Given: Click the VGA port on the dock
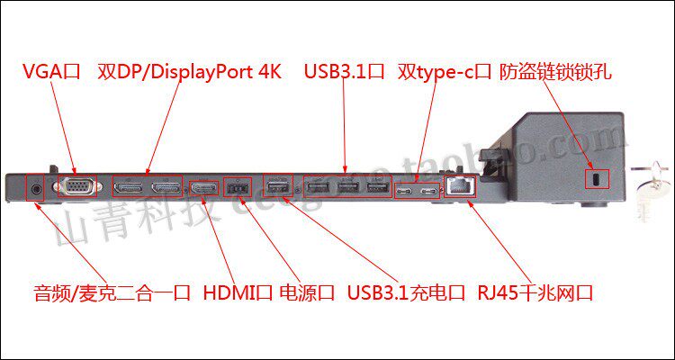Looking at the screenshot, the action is click(76, 188).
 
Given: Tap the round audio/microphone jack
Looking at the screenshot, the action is click(37, 189).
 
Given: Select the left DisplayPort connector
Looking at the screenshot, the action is click(128, 188).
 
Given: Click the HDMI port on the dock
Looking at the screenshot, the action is click(202, 189).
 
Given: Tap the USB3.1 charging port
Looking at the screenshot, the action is click(276, 189).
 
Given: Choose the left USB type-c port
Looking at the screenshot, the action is click(406, 191).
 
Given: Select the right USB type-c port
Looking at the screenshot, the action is click(431, 191).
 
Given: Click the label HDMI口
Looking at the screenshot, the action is click(237, 293).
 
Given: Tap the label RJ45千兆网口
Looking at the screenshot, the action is click(535, 293).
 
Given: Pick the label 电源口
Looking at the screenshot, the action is click(307, 293).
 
